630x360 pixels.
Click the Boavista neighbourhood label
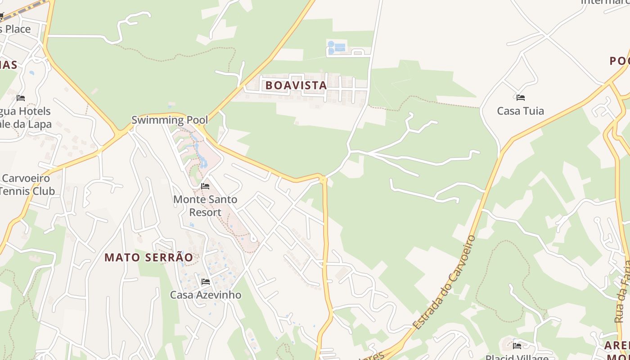pos(296,85)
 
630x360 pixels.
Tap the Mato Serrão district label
pos(148,257)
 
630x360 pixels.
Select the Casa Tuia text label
pos(521,111)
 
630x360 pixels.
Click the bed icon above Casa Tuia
pos(521,97)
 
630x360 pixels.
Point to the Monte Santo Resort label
pos(205,206)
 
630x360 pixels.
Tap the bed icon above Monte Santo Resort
pos(205,186)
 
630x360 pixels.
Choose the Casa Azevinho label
pos(206,295)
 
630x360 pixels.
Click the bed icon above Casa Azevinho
pos(206,282)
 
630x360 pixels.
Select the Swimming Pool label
pos(170,120)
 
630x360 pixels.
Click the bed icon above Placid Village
pos(517,346)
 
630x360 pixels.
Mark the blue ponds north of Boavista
pos(337,47)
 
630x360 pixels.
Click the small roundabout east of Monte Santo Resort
pos(323,180)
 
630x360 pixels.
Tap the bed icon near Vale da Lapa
pos(21,98)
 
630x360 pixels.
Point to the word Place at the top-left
pos(15,29)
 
